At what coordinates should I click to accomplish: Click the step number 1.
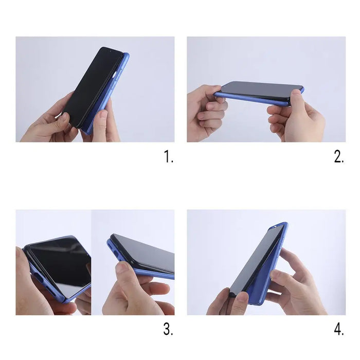click(169, 157)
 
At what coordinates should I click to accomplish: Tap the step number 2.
click(338, 157)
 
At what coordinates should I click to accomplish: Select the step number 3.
click(168, 330)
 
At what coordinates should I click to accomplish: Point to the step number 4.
click(338, 330)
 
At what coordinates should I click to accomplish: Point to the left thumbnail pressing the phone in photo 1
click(62, 119)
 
